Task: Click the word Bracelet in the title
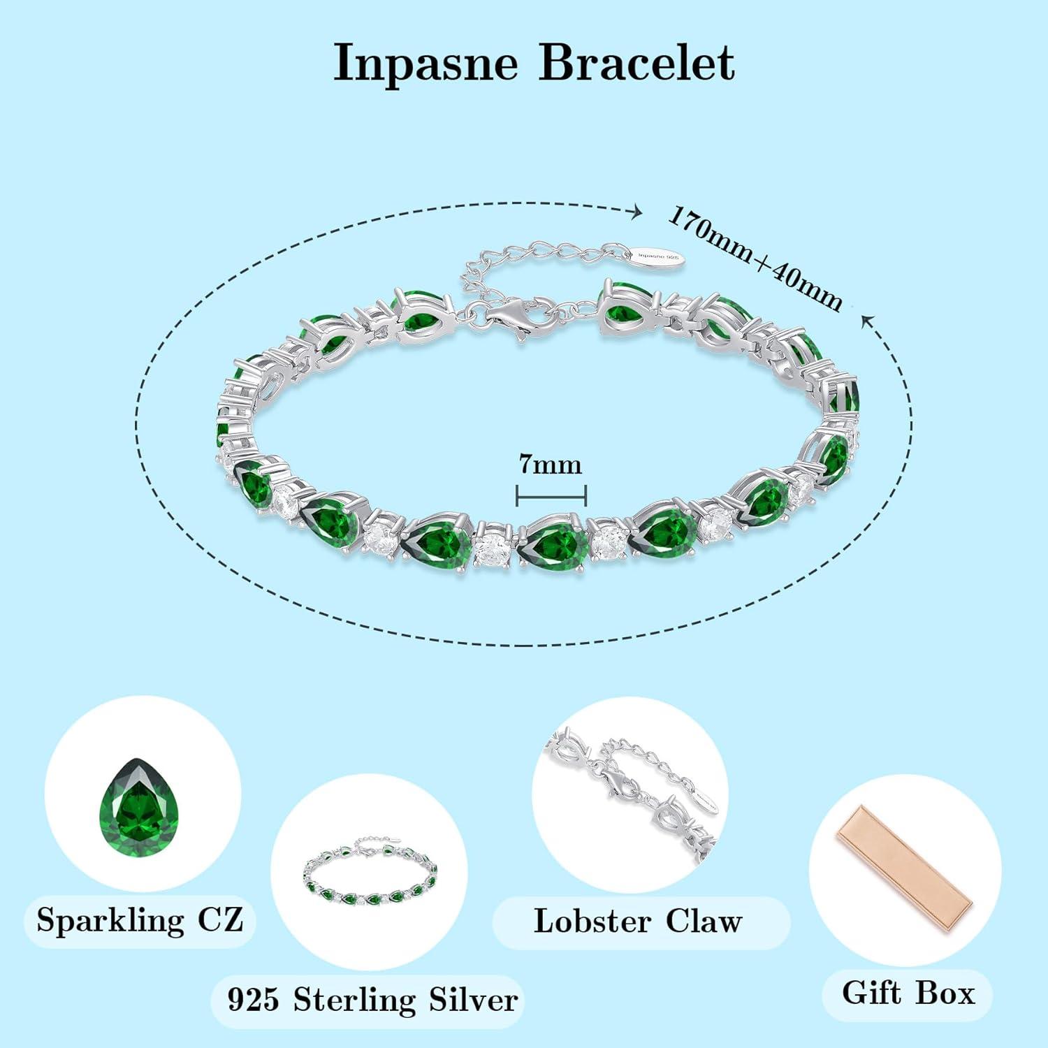[636, 63]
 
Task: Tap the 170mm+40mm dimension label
[755, 259]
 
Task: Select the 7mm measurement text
[550, 464]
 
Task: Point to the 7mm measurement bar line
[551, 496]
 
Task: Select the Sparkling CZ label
[140, 919]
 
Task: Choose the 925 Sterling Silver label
[372, 1000]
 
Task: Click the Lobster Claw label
[637, 921]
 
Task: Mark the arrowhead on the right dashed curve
[867, 321]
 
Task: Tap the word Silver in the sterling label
[473, 1000]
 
